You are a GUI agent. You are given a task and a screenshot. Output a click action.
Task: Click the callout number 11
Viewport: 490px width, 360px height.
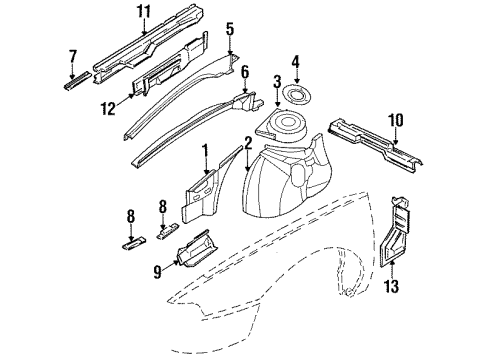pyautogui.click(x=143, y=13)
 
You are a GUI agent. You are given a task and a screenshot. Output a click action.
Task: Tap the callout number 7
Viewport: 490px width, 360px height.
pyautogui.click(x=73, y=55)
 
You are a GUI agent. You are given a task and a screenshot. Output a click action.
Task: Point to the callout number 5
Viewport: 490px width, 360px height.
pyautogui.click(x=229, y=31)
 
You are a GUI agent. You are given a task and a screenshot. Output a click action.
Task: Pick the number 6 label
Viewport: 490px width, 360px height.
pyautogui.click(x=244, y=73)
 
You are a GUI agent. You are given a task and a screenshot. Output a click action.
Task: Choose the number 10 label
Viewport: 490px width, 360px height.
pyautogui.click(x=396, y=121)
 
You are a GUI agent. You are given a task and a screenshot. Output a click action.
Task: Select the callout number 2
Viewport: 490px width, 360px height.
pyautogui.click(x=247, y=147)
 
